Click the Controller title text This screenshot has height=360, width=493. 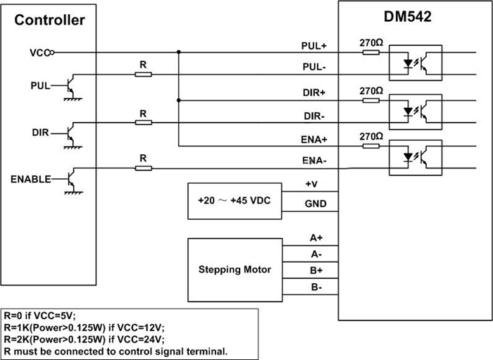coord(50,20)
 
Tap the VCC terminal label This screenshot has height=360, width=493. coord(39,52)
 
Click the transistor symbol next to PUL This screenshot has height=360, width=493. coord(70,87)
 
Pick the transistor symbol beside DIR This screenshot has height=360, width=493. coord(70,131)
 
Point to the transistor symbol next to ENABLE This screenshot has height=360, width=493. coord(70,178)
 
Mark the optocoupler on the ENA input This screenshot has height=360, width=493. coord(415,156)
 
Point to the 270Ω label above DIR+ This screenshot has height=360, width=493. coord(371,91)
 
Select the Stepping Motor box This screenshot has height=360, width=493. coord(235,269)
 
